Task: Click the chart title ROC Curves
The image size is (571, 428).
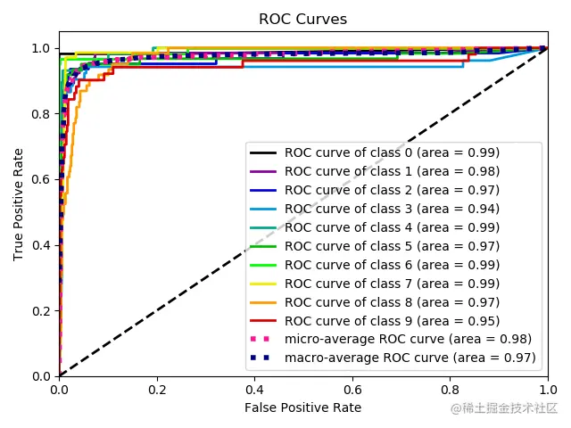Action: click(302, 20)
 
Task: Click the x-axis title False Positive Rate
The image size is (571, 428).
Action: click(303, 407)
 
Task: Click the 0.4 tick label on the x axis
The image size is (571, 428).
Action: click(254, 389)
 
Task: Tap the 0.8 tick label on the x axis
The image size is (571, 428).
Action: click(451, 389)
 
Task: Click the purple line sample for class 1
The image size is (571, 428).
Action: click(265, 171)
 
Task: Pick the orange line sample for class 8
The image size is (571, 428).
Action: click(265, 302)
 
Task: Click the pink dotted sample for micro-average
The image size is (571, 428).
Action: click(265, 340)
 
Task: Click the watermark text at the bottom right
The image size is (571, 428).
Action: click(504, 408)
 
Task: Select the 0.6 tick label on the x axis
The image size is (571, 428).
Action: click(352, 389)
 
